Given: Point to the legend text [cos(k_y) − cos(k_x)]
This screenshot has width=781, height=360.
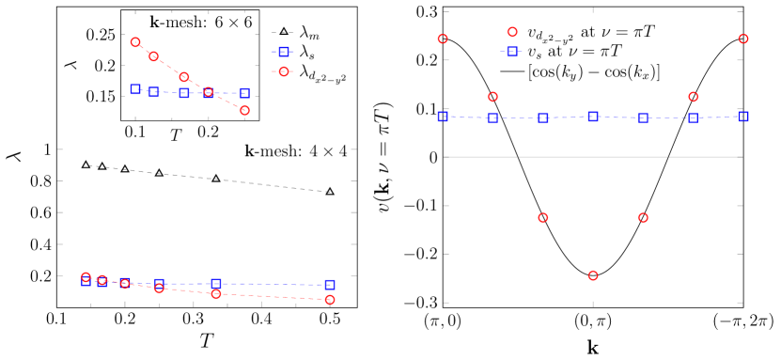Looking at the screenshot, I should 594,71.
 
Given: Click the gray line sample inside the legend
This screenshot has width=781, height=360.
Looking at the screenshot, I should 512,71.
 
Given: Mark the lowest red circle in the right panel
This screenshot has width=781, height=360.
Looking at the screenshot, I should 593,275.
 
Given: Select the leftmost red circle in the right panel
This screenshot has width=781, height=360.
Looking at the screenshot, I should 443,39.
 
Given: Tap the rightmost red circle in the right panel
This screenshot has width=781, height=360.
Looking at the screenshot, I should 743,39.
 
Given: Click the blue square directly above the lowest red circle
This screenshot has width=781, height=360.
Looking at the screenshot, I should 593,117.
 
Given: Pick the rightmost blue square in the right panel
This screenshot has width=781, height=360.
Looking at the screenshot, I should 743,117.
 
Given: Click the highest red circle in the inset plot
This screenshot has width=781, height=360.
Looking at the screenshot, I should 135,42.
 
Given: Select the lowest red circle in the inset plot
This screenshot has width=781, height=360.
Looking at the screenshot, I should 244,110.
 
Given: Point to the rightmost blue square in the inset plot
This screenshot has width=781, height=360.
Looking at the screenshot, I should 244,93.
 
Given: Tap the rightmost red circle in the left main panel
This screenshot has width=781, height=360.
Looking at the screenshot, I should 330,299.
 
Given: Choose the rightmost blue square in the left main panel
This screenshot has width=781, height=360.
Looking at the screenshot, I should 330,284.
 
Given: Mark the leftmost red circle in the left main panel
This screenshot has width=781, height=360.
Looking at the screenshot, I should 86,277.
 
